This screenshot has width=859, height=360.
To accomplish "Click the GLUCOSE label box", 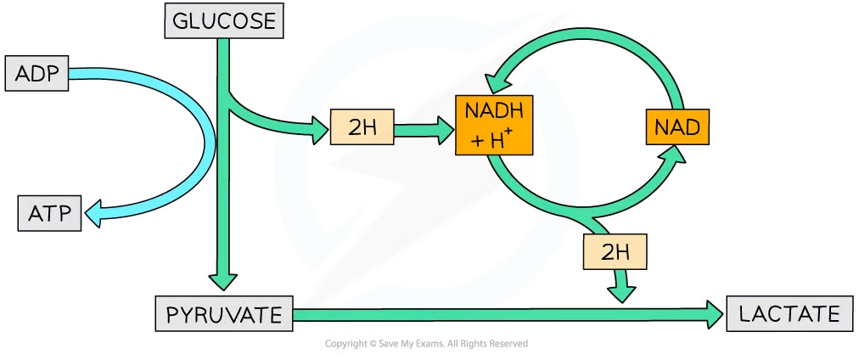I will click(x=224, y=20).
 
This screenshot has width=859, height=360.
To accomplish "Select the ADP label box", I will click(x=36, y=74).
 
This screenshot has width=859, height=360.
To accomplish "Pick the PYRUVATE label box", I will click(x=223, y=315).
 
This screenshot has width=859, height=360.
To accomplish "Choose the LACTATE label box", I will click(x=789, y=314).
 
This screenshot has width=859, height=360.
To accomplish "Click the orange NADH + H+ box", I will click(x=494, y=125).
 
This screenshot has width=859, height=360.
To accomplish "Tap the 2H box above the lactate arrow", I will click(x=615, y=252).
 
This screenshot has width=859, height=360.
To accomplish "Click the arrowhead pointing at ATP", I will click(x=93, y=215).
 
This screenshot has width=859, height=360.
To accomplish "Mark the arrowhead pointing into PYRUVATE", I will click(x=224, y=282).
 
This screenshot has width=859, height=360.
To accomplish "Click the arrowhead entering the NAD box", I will click(x=677, y=154).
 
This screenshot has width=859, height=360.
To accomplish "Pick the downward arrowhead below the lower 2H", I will click(x=623, y=292).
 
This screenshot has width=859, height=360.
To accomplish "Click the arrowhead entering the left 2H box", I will click(x=318, y=130).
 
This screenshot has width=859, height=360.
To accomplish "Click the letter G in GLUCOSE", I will click(x=179, y=20).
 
